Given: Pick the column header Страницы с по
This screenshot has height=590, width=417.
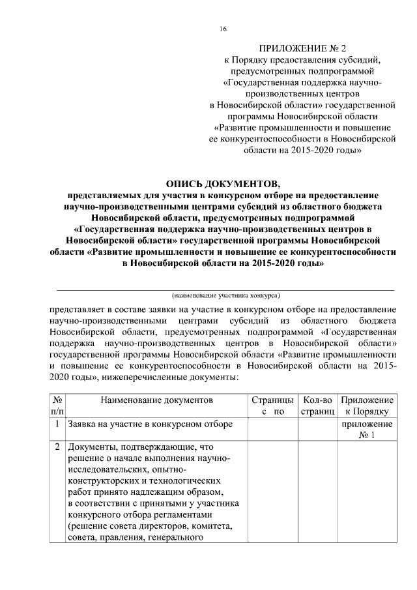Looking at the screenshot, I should point(273,405).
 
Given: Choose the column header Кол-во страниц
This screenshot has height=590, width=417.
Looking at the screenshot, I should point(317,405).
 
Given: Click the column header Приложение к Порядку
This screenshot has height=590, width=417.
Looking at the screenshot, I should point(367,405).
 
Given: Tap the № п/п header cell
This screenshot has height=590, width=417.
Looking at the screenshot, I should point(57,405).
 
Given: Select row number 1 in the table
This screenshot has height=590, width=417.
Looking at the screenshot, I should point(57,424).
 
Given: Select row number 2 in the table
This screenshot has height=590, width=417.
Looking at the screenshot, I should point(57,448).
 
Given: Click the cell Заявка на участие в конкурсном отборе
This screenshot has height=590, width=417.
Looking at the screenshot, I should point(151,424).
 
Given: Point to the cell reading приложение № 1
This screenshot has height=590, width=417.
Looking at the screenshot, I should point(367,430).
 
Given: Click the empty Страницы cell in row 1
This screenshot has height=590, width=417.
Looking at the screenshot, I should point(273,430).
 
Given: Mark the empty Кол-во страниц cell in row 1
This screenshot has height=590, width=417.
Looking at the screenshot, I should point(317,430).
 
